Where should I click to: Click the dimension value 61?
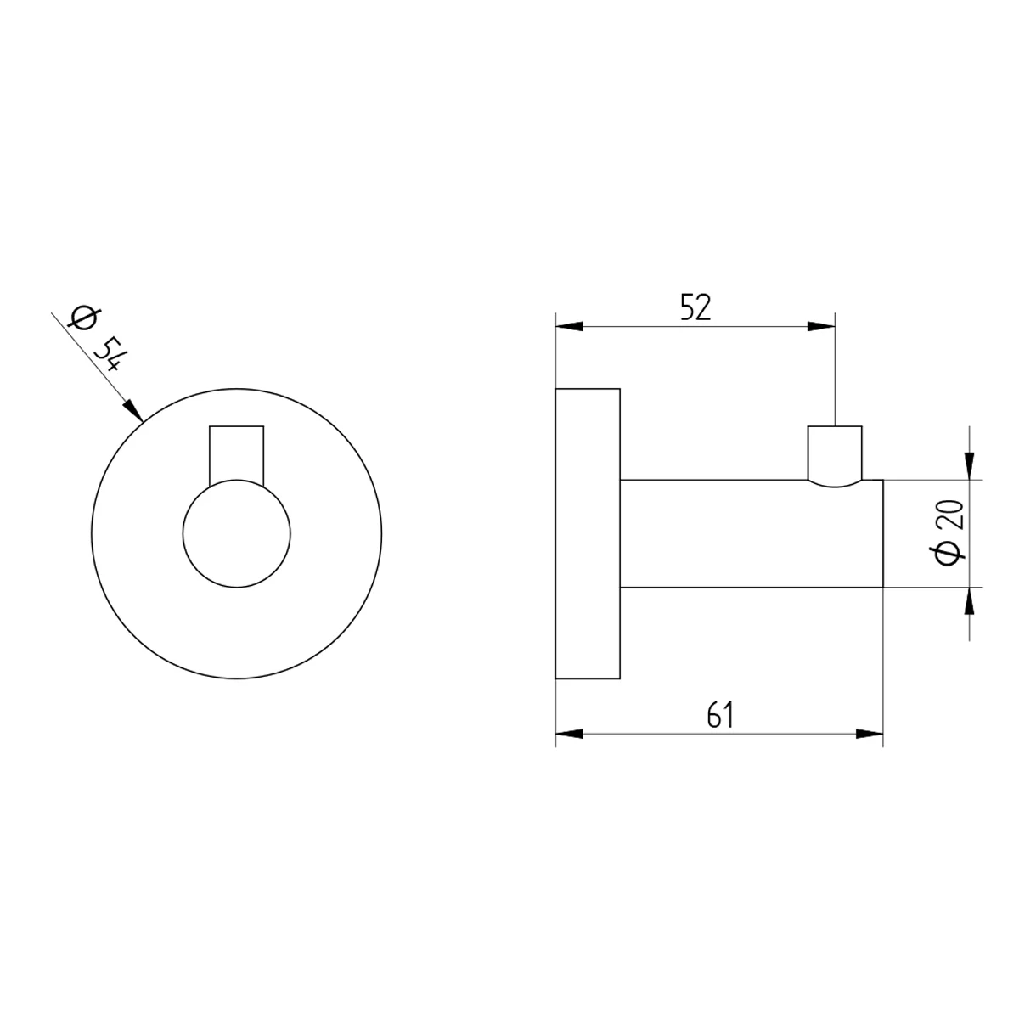[x=718, y=716]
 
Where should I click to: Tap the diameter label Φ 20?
[x=949, y=532]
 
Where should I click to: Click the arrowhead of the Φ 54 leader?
[x=134, y=411]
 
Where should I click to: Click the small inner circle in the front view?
[x=237, y=534]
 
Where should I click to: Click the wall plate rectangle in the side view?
[x=588, y=534]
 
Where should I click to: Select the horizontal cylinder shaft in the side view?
[x=752, y=534]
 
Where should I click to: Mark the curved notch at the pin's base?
[x=836, y=484]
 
